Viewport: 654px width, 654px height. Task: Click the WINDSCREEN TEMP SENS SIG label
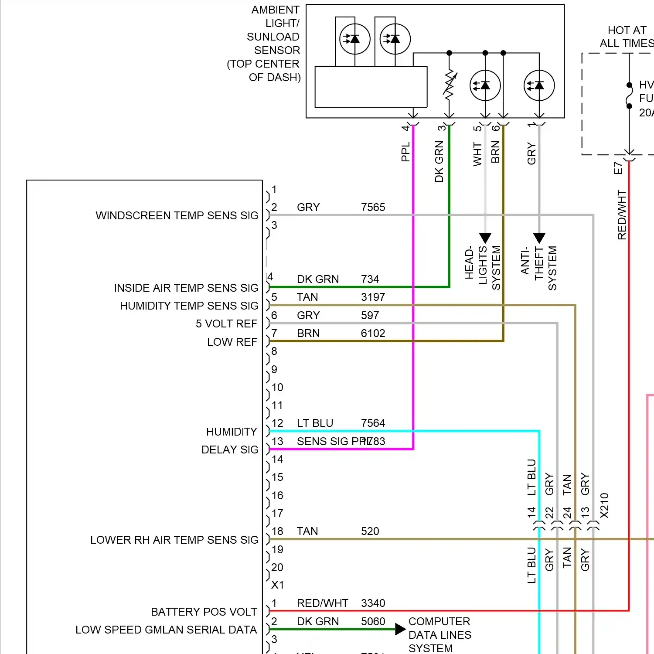click(x=177, y=215)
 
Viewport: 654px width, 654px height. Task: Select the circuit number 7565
click(x=373, y=207)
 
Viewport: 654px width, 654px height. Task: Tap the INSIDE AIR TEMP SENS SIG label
click(x=186, y=288)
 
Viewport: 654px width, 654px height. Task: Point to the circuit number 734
click(x=370, y=279)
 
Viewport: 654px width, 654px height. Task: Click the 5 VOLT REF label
click(x=226, y=324)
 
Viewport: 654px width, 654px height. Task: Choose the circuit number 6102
click(x=373, y=333)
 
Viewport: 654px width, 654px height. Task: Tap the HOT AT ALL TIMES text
click(x=627, y=37)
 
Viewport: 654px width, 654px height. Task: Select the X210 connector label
click(x=604, y=506)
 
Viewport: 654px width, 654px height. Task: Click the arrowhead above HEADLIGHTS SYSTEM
click(x=485, y=238)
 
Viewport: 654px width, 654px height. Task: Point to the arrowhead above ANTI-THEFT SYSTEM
click(x=539, y=238)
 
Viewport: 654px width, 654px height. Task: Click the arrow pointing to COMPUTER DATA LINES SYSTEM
click(x=400, y=629)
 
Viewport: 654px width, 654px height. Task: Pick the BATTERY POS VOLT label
click(x=204, y=612)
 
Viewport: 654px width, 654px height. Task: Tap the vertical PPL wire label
click(x=405, y=151)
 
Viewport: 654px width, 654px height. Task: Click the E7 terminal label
click(x=618, y=168)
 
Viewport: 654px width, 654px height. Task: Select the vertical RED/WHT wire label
click(x=622, y=215)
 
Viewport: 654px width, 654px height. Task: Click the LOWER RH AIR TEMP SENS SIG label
click(x=174, y=540)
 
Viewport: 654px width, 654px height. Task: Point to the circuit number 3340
click(x=373, y=603)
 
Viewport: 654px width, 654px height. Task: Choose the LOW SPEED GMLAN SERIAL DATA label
click(x=166, y=630)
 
